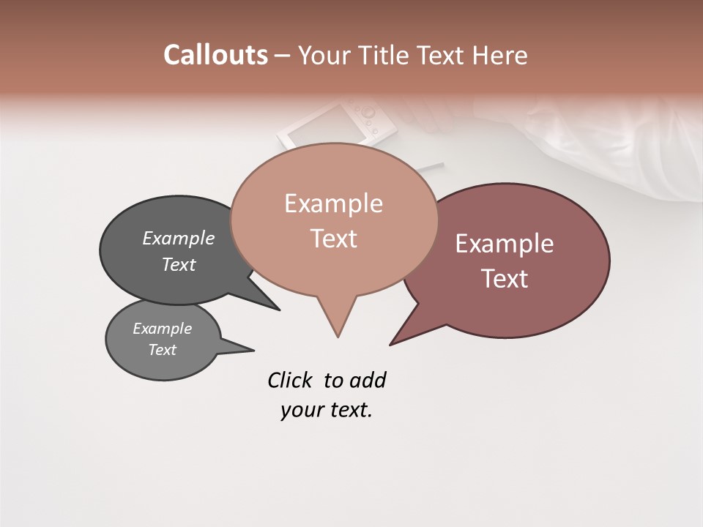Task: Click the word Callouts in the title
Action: click(x=215, y=55)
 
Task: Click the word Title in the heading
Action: click(x=388, y=55)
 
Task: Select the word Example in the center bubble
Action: click(x=333, y=203)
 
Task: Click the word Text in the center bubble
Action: click(x=333, y=239)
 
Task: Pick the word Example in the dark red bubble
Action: click(x=505, y=244)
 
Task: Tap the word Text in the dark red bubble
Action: click(x=505, y=279)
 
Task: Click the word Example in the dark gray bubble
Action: click(x=179, y=238)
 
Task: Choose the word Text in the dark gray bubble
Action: click(x=179, y=264)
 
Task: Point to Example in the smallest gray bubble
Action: click(x=163, y=329)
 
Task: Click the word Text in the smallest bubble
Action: click(x=163, y=350)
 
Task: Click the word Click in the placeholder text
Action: click(x=290, y=381)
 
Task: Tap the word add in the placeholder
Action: click(x=368, y=381)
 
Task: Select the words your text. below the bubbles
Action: click(x=327, y=411)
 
